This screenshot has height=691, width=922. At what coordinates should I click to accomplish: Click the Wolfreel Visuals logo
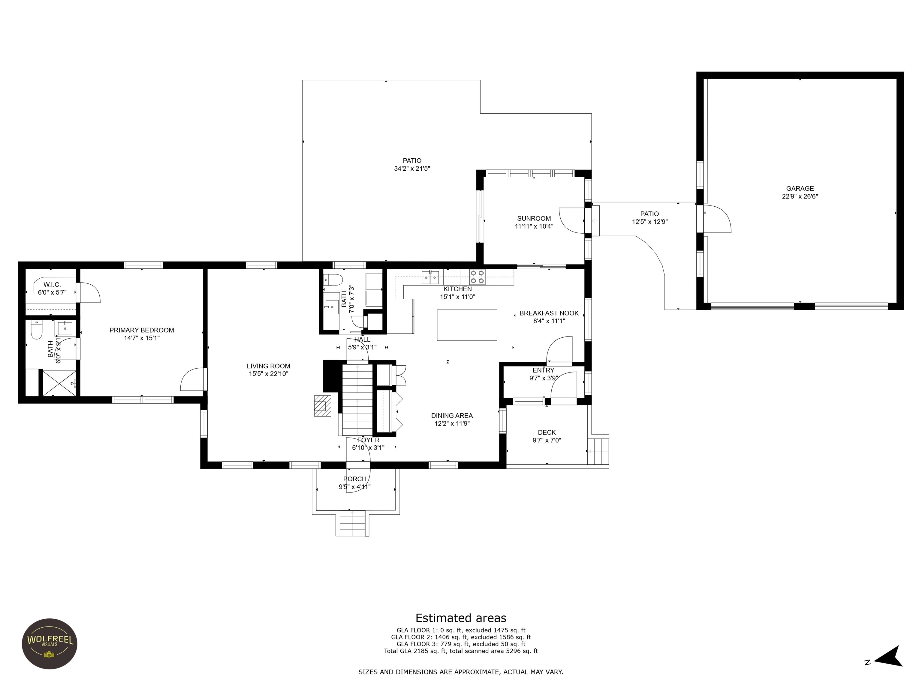coord(50,644)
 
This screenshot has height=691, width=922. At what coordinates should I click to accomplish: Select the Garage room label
coord(800,189)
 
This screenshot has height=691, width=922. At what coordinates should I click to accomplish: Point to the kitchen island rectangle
coord(467,325)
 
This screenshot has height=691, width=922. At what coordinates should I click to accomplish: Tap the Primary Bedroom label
coord(142,330)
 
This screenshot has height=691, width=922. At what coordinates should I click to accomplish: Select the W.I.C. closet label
coord(52,285)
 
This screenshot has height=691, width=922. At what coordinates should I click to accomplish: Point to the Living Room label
coord(268,366)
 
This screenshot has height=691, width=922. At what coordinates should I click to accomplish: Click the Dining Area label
coord(452,416)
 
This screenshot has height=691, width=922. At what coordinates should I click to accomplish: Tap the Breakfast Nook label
coord(549,313)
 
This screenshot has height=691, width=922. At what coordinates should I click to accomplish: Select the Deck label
coord(547,433)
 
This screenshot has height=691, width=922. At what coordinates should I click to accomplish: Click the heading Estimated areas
coord(461,618)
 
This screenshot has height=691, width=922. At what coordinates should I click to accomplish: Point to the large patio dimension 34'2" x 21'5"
coord(412,169)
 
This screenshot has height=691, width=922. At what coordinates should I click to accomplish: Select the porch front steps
coord(353,523)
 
